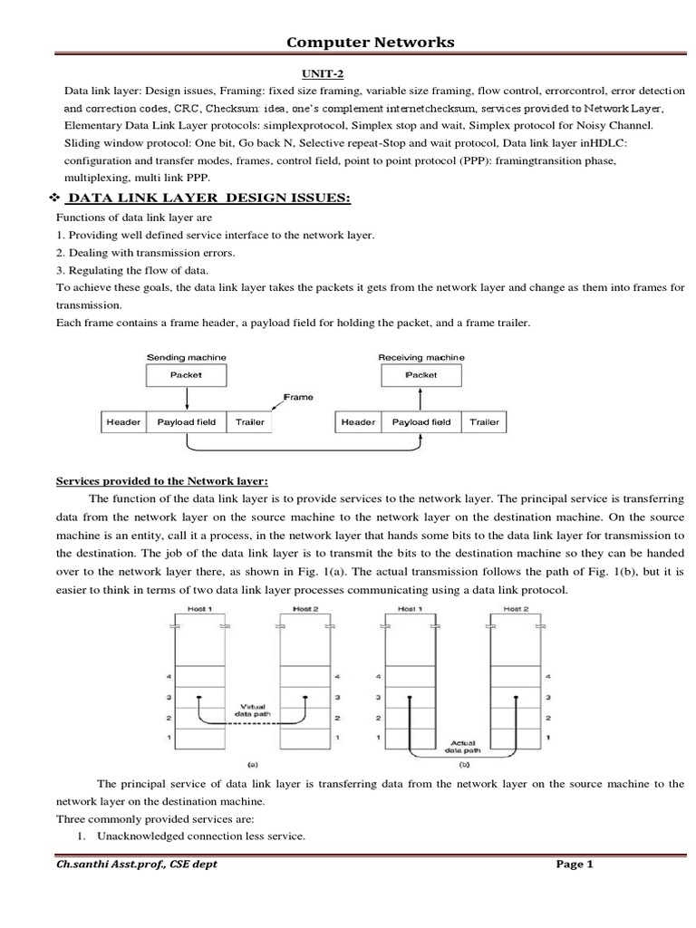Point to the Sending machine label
tap(187, 357)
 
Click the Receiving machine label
tap(420, 357)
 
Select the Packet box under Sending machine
tap(187, 374)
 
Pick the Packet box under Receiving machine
tap(421, 374)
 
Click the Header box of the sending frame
tap(123, 422)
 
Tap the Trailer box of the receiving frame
tap(484, 422)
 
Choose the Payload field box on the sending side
tap(187, 422)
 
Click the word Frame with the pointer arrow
tap(298, 396)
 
